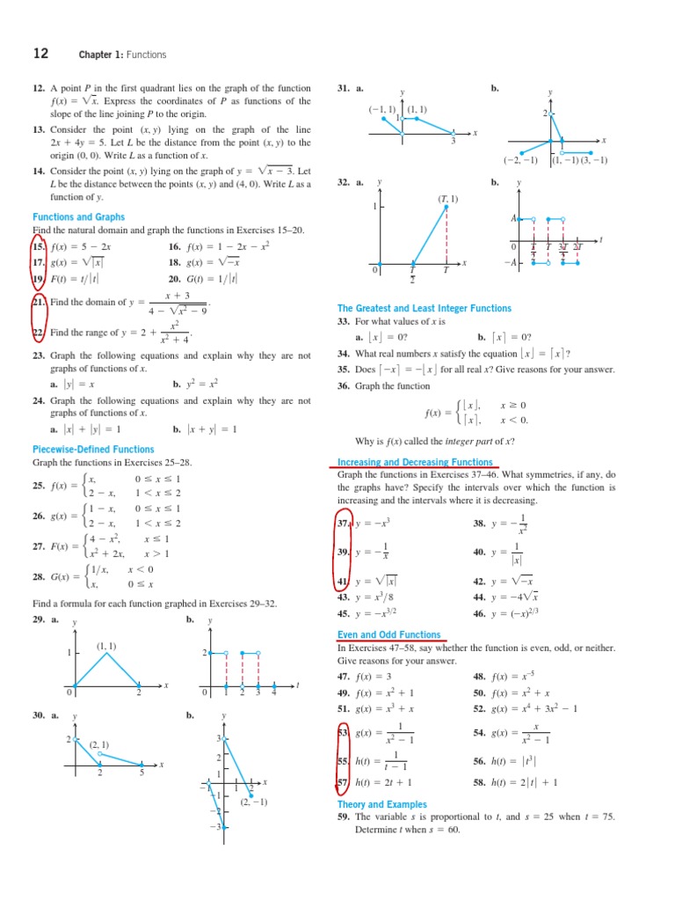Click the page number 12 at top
40,54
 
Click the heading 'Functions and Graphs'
78,216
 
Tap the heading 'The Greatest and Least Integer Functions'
424,308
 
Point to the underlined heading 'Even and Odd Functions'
388,634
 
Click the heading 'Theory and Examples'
381,804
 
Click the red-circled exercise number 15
39,247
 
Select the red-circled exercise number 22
39,333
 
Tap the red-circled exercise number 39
344,552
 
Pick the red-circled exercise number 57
344,781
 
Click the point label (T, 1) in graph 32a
448,199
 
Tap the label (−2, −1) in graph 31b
520,160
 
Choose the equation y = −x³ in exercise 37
372,523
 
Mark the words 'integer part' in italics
477,441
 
